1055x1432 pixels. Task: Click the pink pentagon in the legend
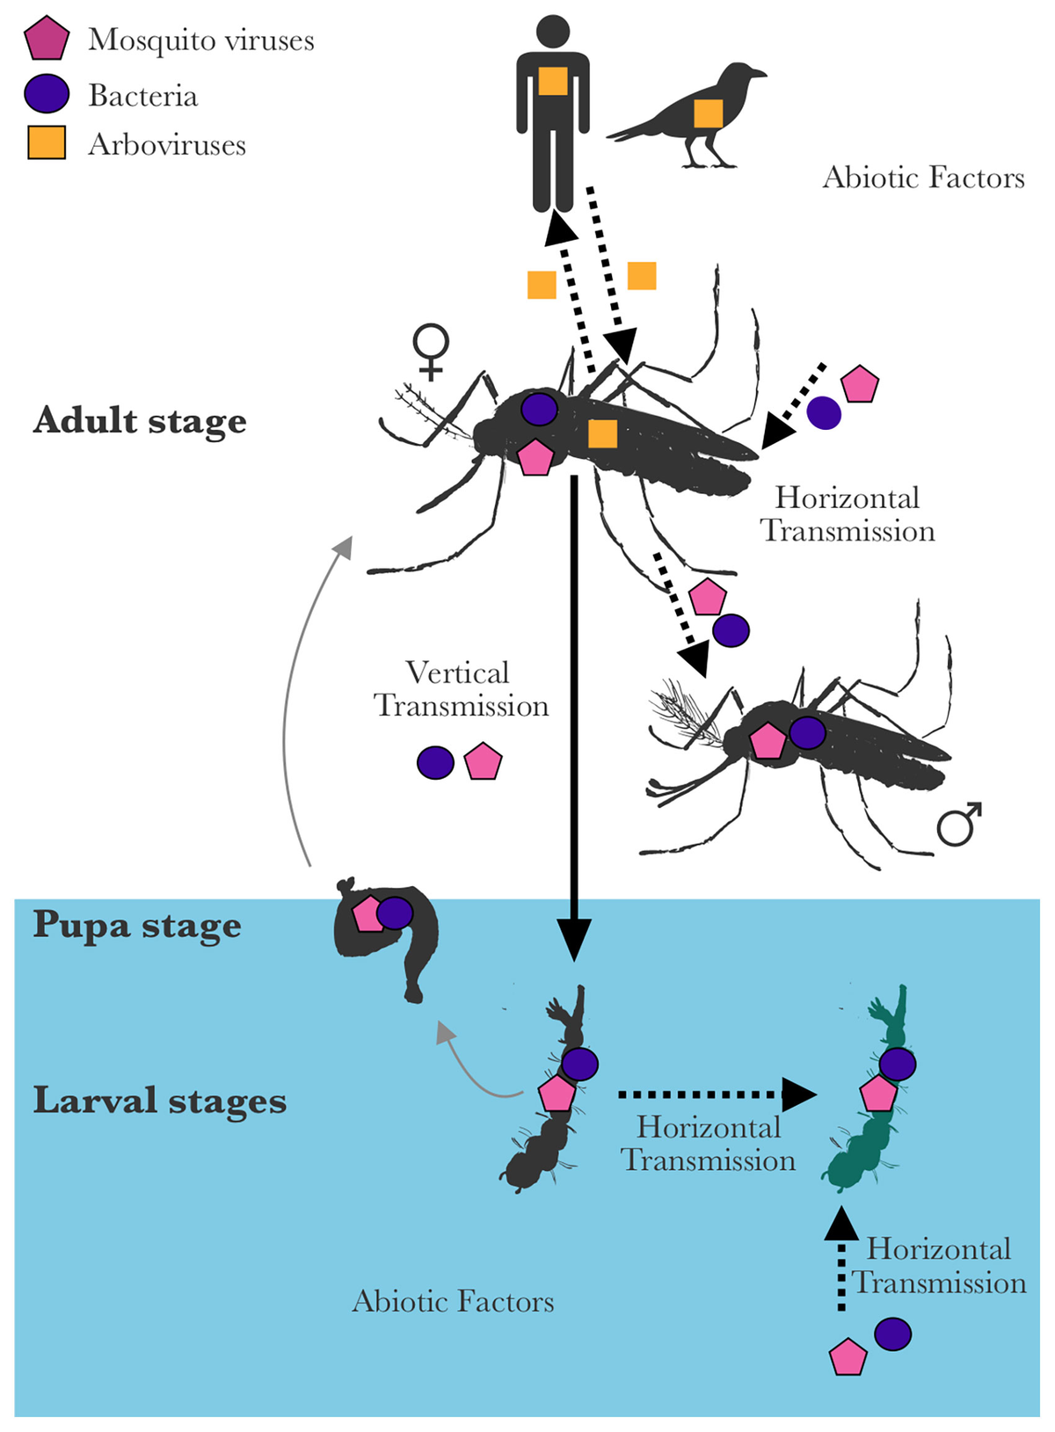tap(47, 40)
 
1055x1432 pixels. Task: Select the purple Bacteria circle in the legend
tap(47, 94)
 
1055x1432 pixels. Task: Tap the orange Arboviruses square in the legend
tap(47, 143)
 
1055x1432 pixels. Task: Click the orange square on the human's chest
tap(553, 81)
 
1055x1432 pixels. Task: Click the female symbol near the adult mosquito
tap(431, 351)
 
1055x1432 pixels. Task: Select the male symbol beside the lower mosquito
tap(959, 824)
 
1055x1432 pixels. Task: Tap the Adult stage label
tap(140, 421)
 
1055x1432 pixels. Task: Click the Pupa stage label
tap(137, 926)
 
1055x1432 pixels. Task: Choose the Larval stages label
tap(160, 1101)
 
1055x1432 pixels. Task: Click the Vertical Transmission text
tap(460, 689)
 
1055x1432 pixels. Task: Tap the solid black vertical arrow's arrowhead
tap(574, 941)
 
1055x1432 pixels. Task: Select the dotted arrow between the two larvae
tap(712, 1094)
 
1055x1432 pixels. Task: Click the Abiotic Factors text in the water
tap(453, 1301)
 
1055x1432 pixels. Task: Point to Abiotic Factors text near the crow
tap(923, 178)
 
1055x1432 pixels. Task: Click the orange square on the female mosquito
tap(602, 433)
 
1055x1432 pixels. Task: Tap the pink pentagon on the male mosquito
tap(768, 741)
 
